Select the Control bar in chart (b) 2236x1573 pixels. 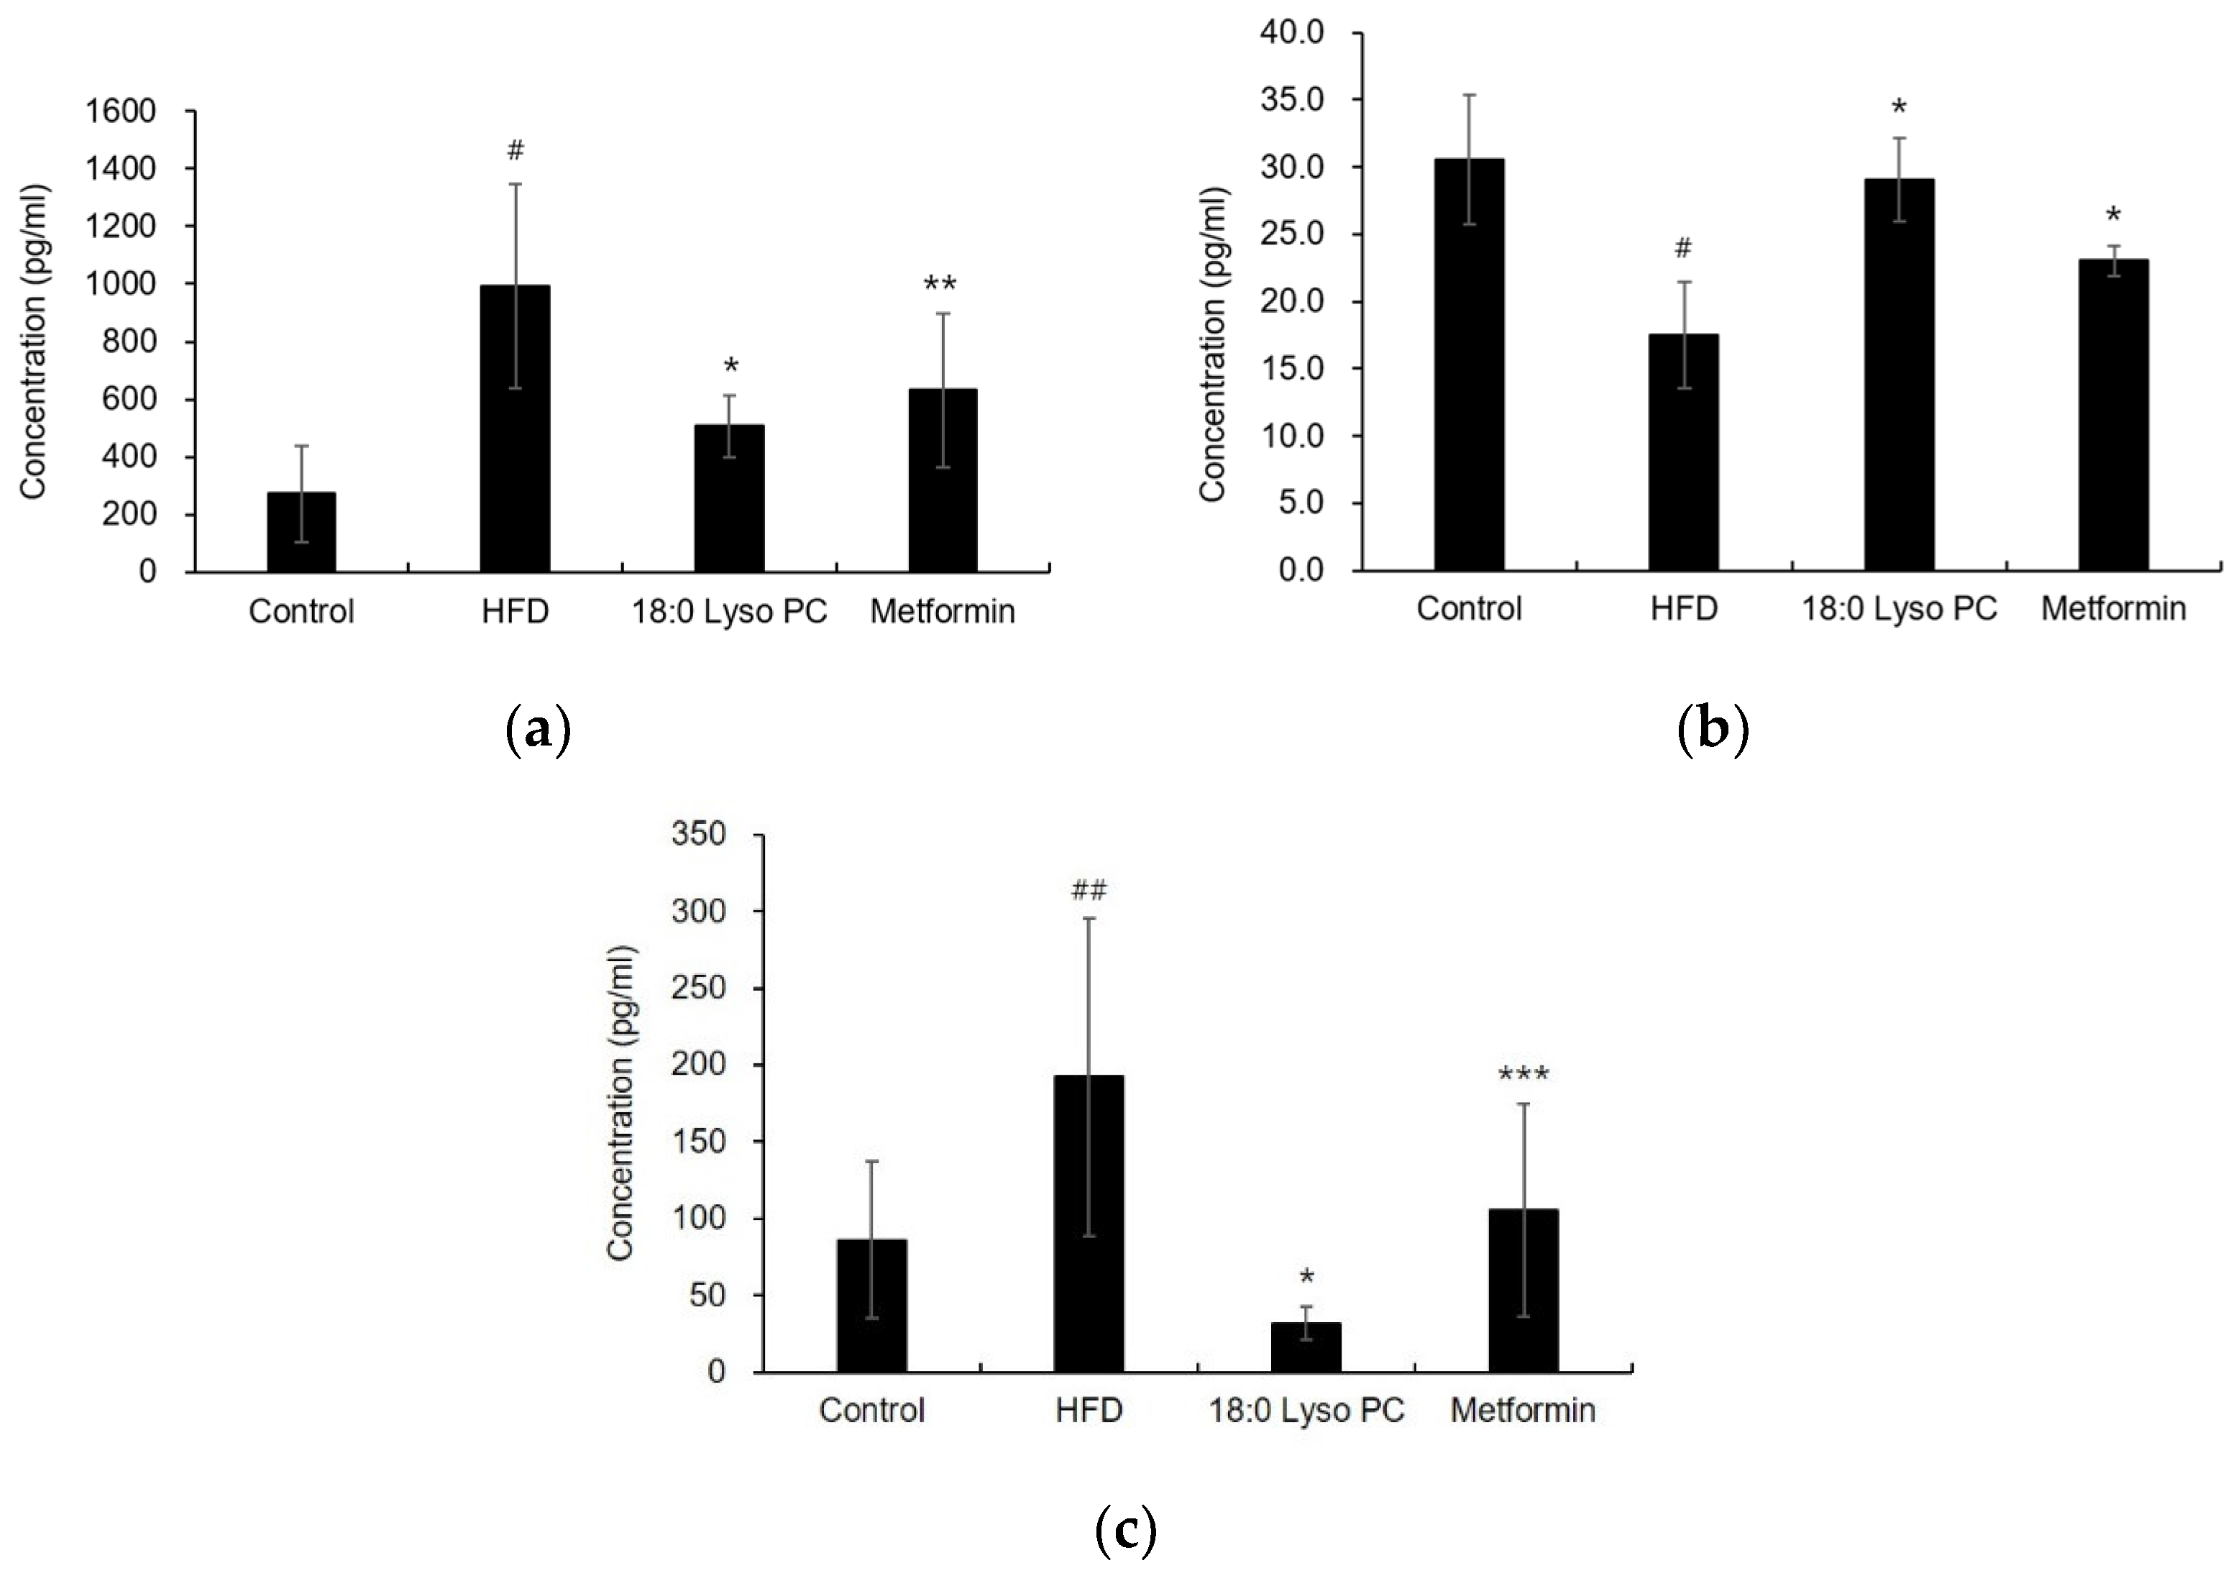[x=1469, y=364]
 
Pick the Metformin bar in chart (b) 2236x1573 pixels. [x=2113, y=415]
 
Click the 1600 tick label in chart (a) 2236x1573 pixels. [x=121, y=111]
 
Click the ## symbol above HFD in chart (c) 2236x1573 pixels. [x=1089, y=889]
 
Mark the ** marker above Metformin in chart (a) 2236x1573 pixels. [x=940, y=285]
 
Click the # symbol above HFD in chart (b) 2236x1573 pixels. [x=1683, y=248]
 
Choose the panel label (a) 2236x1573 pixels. [x=539, y=730]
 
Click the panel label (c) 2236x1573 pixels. [x=1126, y=1530]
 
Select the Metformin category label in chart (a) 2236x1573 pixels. [x=942, y=612]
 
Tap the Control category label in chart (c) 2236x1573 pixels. [x=871, y=1411]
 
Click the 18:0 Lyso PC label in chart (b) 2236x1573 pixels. [x=1898, y=609]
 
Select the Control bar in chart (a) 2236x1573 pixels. [x=301, y=532]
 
